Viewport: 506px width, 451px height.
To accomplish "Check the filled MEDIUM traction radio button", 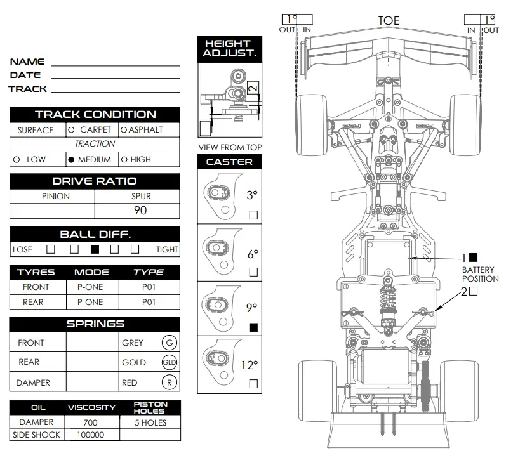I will [x=71, y=160].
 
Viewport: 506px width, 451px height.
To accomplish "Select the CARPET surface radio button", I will [x=71, y=129].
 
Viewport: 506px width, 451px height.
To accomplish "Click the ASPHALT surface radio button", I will [x=124, y=129].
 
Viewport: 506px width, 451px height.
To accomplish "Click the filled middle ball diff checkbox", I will [x=95, y=249].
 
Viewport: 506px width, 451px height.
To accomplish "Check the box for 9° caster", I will [x=253, y=328].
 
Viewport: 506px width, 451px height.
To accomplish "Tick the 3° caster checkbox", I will [x=253, y=215].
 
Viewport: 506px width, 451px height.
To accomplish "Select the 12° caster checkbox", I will [x=253, y=383].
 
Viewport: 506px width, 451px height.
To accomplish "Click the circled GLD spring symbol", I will [x=169, y=363].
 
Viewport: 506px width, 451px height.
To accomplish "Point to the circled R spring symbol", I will [x=169, y=382].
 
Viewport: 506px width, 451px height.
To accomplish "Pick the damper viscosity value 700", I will [x=91, y=422].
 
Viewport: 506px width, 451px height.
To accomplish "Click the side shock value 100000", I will [x=91, y=435].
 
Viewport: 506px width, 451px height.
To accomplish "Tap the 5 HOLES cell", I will [x=150, y=422].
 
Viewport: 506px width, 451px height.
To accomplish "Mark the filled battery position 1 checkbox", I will [x=473, y=258].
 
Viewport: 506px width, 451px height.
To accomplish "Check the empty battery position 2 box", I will [x=473, y=291].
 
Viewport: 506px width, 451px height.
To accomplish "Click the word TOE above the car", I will [x=389, y=21].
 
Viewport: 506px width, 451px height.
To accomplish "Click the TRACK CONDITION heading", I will [x=95, y=115].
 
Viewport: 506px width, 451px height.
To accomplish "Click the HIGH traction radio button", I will [x=124, y=160].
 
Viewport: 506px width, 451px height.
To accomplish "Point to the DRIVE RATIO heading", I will [x=95, y=181].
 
